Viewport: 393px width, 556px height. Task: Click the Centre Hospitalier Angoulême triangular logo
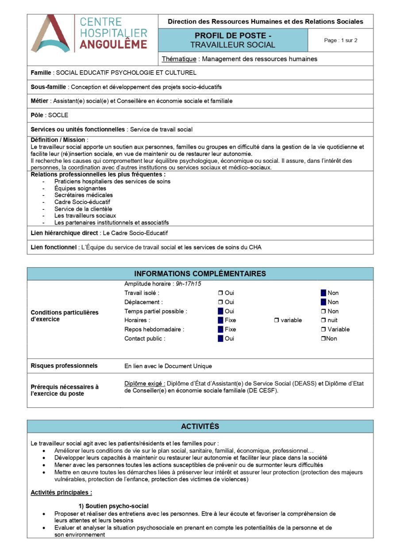[50, 34]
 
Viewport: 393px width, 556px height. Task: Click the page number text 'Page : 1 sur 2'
[340, 40]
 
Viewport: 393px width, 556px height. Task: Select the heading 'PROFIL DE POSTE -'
[233, 36]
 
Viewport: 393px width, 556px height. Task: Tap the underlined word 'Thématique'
[179, 59]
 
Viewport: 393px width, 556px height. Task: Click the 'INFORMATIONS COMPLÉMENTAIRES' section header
[200, 274]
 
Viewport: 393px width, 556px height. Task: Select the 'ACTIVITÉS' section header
[200, 426]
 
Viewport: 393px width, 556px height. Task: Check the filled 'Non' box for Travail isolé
[324, 293]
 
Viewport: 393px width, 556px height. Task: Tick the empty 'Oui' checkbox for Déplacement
[220, 302]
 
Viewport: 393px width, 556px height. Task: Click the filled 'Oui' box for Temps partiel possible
[220, 311]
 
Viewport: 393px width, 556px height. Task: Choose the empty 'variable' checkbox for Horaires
[277, 320]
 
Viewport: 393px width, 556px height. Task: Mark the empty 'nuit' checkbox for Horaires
[324, 320]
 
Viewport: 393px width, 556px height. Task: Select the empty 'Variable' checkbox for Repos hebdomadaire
[324, 329]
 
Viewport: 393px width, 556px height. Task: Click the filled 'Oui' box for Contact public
[220, 339]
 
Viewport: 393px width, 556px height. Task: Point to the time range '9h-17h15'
[189, 284]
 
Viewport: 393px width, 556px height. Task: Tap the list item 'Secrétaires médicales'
[83, 195]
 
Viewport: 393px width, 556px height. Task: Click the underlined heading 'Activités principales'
[61, 492]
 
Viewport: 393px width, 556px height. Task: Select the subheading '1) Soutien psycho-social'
[113, 506]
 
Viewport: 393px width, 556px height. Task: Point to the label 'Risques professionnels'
[64, 366]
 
